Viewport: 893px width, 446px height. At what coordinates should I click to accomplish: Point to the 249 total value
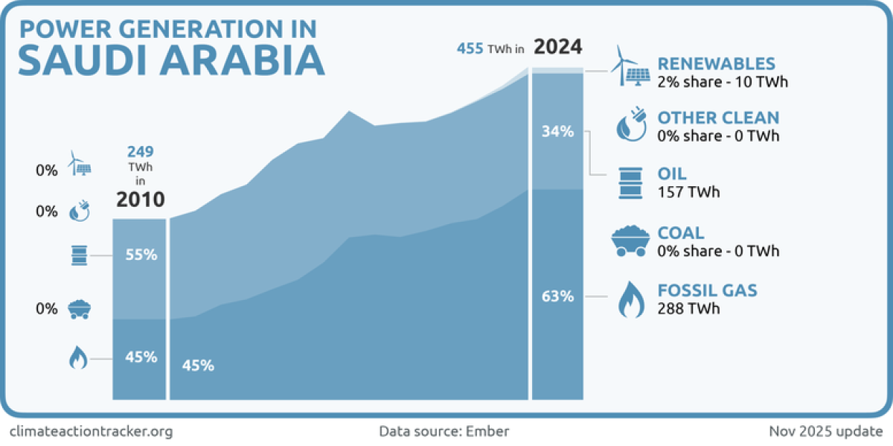[x=140, y=153]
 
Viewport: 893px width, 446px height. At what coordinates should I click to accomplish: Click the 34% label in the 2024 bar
[x=557, y=132]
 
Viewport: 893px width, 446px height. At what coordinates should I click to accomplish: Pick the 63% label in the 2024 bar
[x=557, y=296]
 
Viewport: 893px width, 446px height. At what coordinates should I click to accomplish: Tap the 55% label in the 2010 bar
[x=140, y=255]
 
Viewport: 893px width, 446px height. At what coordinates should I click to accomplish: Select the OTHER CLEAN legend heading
[x=718, y=118]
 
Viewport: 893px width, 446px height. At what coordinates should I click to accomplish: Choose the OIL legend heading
[x=672, y=174]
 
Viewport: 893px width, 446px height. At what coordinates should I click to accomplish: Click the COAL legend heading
[x=680, y=233]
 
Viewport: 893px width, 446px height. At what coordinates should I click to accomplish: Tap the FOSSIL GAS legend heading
[x=707, y=290]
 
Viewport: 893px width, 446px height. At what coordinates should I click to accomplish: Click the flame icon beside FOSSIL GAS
[x=632, y=299]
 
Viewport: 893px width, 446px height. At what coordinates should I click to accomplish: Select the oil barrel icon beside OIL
[x=631, y=183]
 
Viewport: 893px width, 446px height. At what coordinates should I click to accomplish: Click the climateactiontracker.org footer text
[x=91, y=431]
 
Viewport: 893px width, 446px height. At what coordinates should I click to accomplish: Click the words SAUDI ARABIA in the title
[x=171, y=60]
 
